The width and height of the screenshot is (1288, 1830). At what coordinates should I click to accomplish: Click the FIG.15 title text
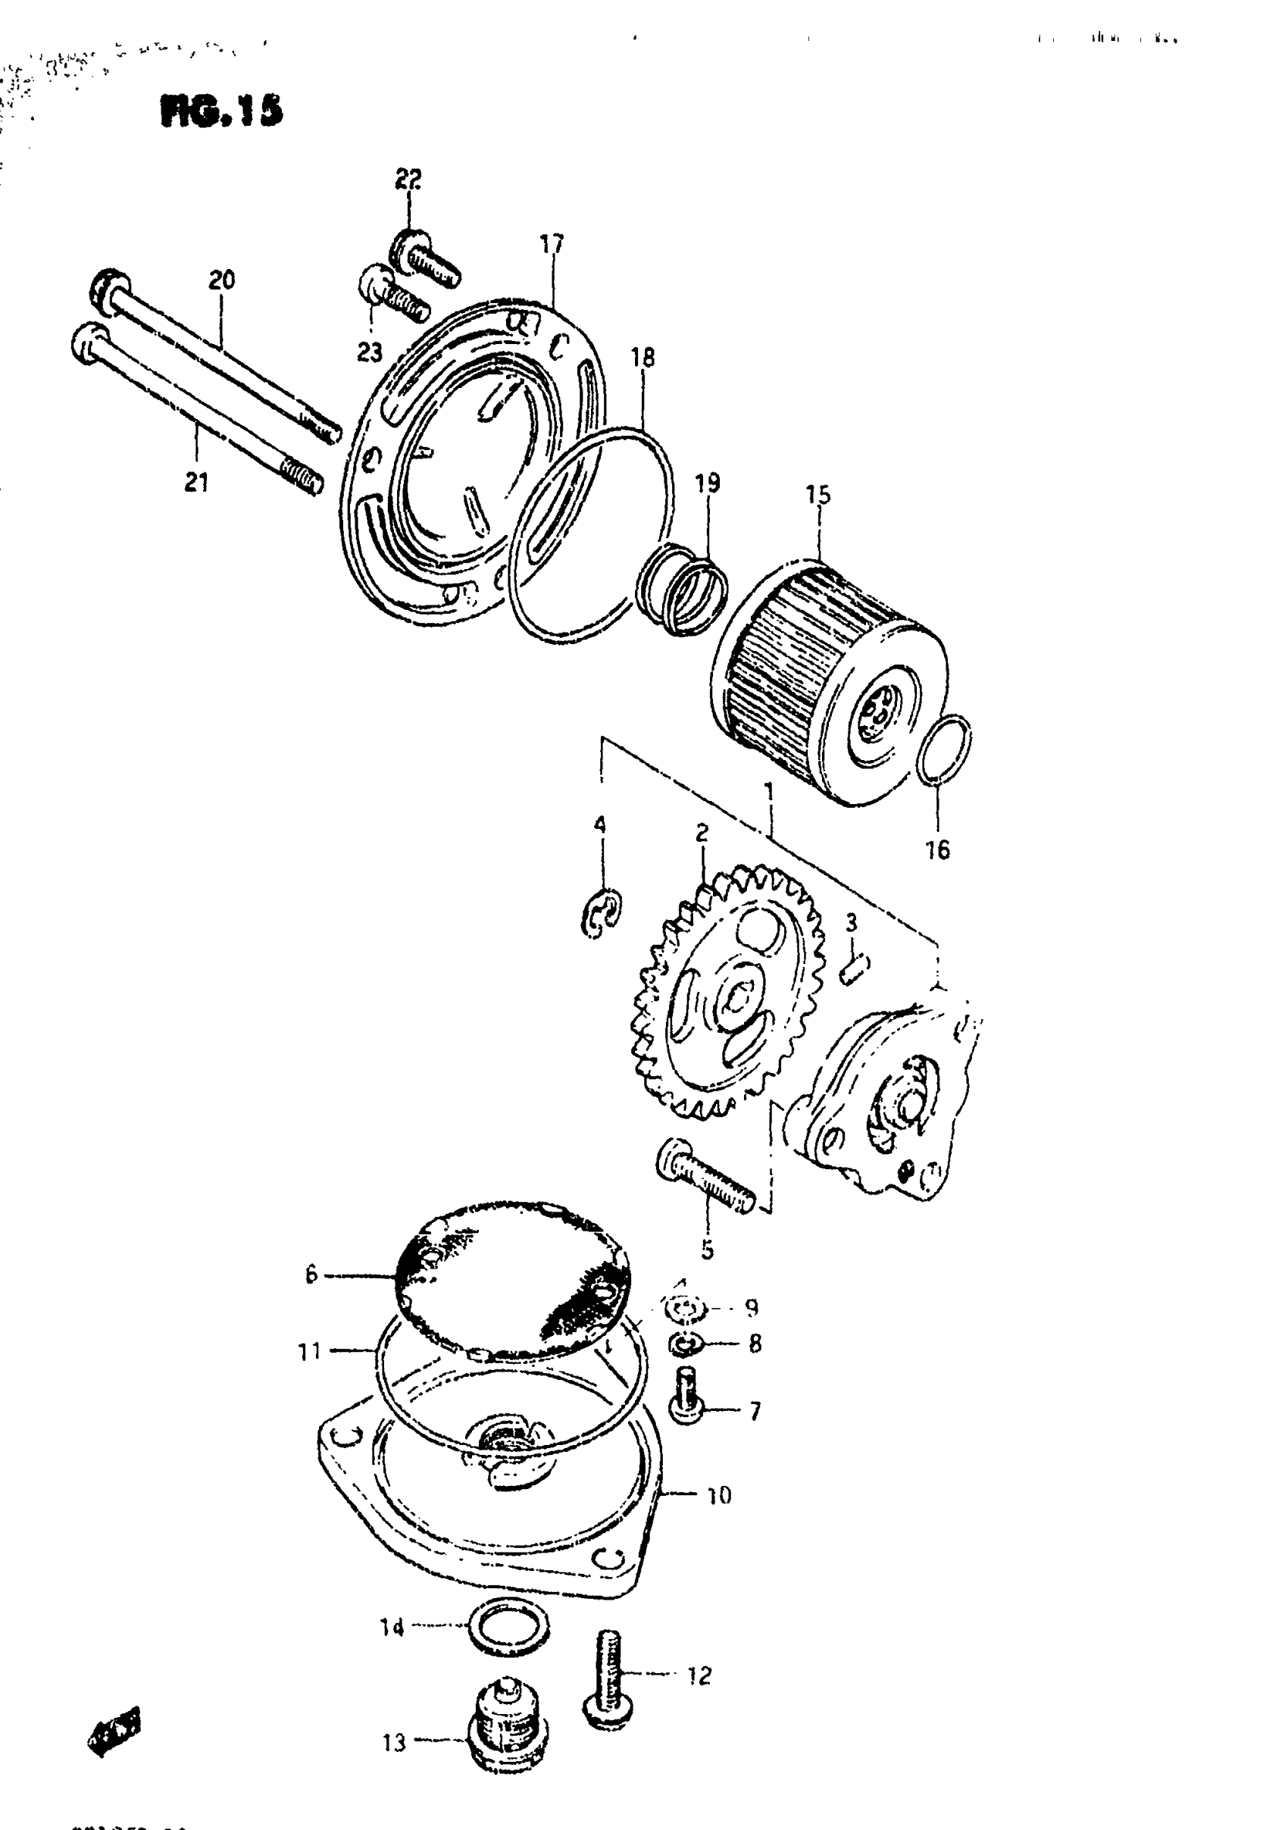point(221,111)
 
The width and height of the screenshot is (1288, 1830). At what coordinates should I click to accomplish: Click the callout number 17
point(551,244)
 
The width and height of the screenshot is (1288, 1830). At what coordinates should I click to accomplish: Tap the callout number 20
point(221,280)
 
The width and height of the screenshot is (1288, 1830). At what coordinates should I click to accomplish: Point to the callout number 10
point(719,1496)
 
